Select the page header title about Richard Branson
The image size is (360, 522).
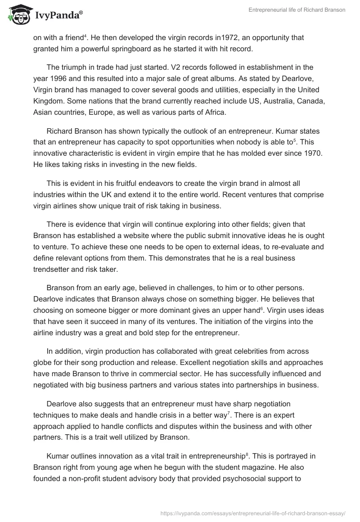(297, 10)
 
